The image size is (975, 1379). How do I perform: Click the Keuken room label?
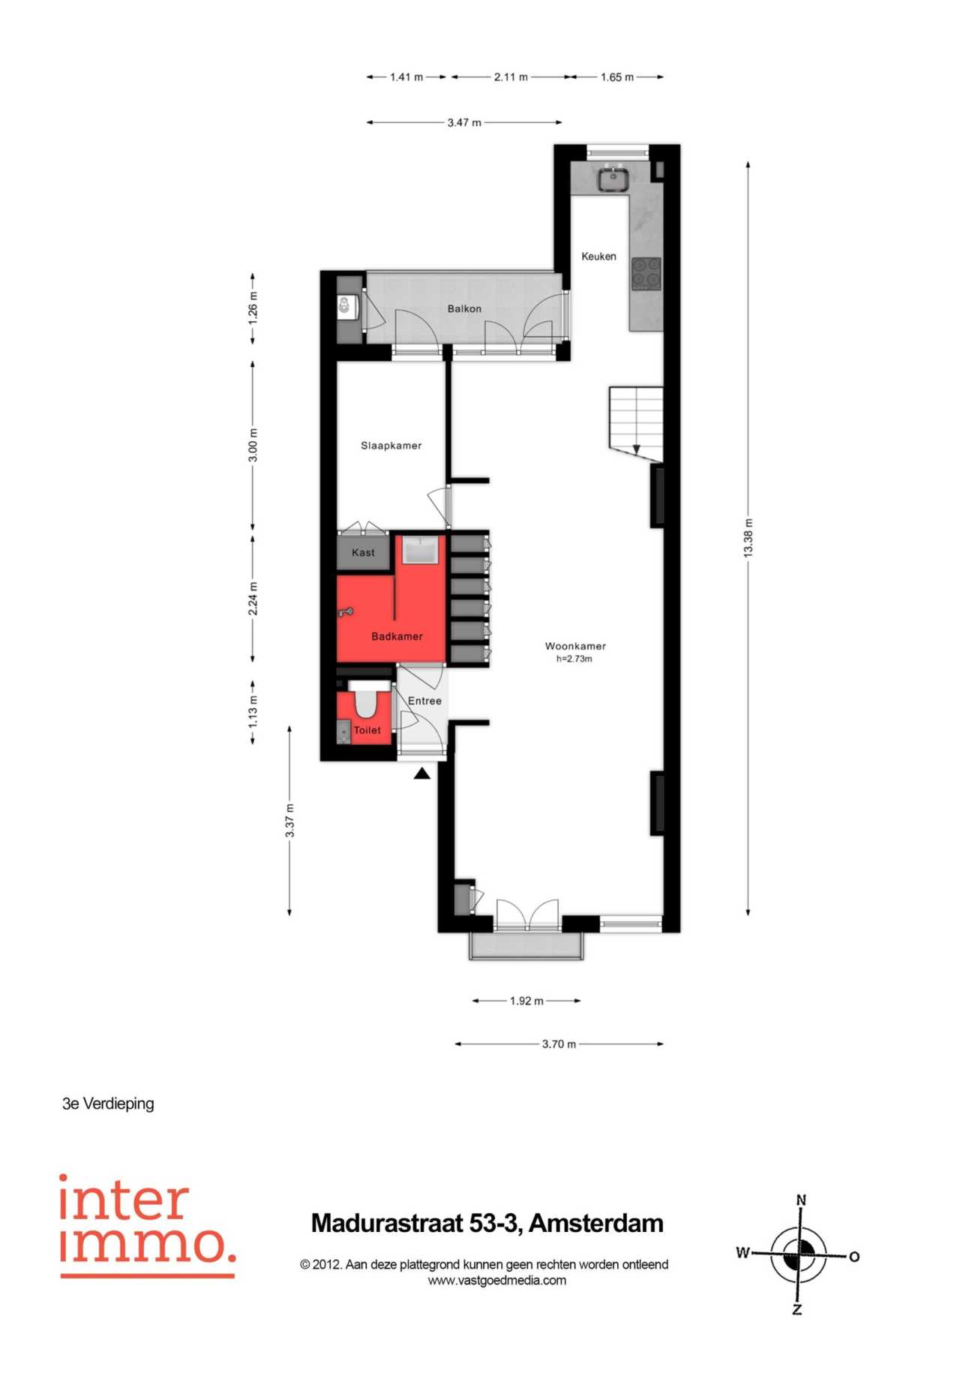click(598, 257)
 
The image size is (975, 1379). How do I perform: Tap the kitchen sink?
click(613, 179)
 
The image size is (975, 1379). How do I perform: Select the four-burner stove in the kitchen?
click(646, 274)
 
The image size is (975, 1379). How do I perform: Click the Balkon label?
click(464, 308)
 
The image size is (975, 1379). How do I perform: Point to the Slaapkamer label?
click(391, 446)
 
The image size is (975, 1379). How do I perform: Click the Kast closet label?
click(363, 553)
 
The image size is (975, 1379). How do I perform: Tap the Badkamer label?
click(397, 636)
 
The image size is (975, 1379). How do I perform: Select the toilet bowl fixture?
click(366, 699)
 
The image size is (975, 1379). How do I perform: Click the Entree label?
click(424, 701)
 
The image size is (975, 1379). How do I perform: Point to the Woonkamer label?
click(575, 646)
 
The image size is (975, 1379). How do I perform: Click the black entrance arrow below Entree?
click(422, 773)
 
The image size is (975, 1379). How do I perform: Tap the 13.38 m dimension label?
click(748, 537)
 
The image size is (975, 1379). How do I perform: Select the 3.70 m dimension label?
click(559, 1044)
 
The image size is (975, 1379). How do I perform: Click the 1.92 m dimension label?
click(526, 1001)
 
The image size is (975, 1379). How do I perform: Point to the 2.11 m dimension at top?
click(511, 77)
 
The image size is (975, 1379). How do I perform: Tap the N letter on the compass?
click(801, 1200)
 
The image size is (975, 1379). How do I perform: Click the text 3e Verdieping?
click(108, 1104)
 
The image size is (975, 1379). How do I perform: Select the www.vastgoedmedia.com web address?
click(496, 1281)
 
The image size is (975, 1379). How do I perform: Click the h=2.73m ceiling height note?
click(574, 659)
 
